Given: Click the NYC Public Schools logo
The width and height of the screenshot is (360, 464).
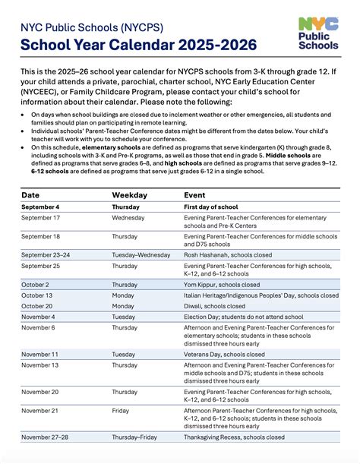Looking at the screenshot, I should [319, 33].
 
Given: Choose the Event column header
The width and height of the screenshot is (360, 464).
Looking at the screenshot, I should [194, 194].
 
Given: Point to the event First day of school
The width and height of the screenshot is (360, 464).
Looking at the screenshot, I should [213, 207].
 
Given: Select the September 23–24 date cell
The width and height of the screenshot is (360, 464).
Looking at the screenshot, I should [46, 254].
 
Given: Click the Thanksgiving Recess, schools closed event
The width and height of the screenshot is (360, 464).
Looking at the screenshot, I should [235, 437].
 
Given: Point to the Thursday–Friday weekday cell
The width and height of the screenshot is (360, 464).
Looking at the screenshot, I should [135, 437].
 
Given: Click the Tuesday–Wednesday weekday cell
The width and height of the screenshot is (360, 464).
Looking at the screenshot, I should [141, 254].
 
